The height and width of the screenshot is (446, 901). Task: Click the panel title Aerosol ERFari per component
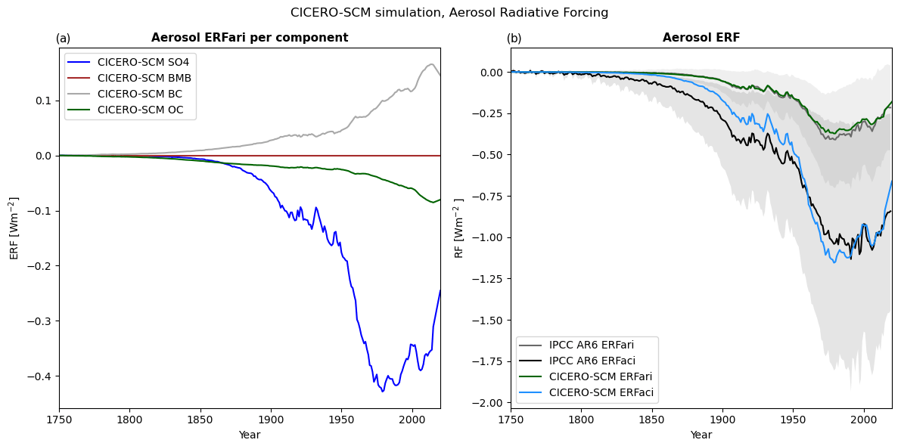click(x=250, y=38)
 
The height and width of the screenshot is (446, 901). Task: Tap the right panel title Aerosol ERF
click(x=701, y=38)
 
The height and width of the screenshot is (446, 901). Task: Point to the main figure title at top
click(x=449, y=13)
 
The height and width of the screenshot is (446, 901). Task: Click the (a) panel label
click(x=63, y=39)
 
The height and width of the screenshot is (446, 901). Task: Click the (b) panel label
click(x=514, y=39)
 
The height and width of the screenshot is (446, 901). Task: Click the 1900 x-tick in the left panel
click(x=271, y=420)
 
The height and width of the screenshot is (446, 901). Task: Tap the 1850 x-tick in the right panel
click(x=651, y=420)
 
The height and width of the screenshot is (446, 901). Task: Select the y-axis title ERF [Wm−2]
click(x=14, y=228)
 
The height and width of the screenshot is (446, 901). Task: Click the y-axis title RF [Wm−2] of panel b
click(x=459, y=228)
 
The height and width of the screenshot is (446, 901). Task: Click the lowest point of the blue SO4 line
click(x=383, y=392)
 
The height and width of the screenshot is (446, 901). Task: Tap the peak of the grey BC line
click(x=431, y=64)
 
